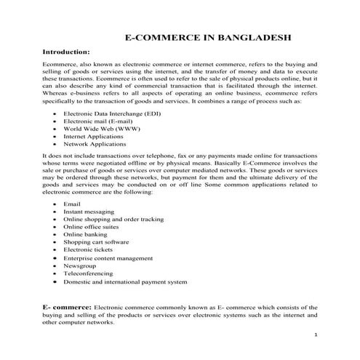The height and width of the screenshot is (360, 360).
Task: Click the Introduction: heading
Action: pyautogui.click(x=67, y=52)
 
